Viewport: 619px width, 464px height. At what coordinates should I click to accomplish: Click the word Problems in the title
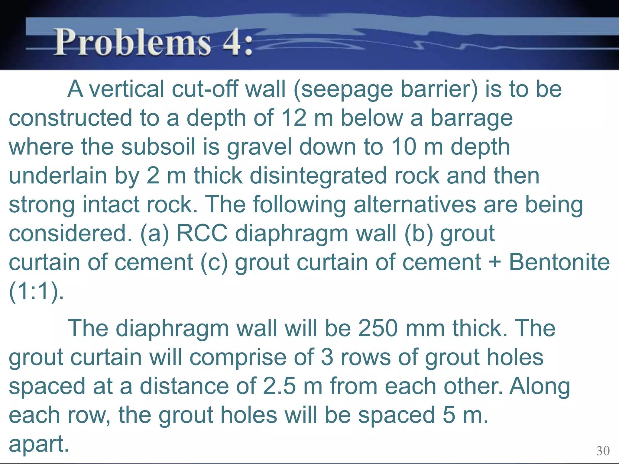coord(132,42)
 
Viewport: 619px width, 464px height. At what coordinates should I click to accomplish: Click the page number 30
coord(603,451)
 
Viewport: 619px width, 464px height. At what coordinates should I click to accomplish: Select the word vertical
coord(127,89)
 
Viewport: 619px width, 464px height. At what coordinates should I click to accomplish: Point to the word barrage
coord(471,118)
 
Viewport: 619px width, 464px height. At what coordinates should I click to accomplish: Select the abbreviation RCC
coord(202,233)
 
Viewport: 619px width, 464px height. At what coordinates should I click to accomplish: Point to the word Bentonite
coord(559,262)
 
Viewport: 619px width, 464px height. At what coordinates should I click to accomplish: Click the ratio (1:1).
coord(36,291)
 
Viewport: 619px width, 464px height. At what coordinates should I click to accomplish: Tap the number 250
coord(378,328)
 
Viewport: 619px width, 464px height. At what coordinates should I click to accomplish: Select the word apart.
coord(39,444)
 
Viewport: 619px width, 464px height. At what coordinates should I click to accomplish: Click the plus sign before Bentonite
coord(495,262)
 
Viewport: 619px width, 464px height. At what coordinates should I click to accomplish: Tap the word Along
coord(540,386)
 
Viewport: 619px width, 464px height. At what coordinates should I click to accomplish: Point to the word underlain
coord(58,176)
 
